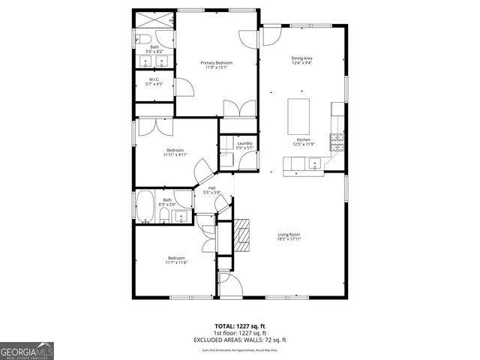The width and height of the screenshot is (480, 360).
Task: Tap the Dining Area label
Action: [301, 60]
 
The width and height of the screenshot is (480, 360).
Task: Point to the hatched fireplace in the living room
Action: [240, 234]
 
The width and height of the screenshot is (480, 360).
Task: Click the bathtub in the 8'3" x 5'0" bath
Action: [145, 208]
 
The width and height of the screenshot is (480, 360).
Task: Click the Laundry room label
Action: [244, 145]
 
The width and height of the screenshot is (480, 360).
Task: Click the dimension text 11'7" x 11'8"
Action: [177, 262]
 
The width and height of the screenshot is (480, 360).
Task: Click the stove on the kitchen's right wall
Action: [340, 139]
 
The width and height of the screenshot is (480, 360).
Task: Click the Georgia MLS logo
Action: [27, 350]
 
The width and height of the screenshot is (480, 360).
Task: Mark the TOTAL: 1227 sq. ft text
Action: [239, 326]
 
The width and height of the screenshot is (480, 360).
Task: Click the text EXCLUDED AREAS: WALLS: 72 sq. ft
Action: [239, 340]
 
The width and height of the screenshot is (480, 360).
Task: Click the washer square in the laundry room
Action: [226, 158]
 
